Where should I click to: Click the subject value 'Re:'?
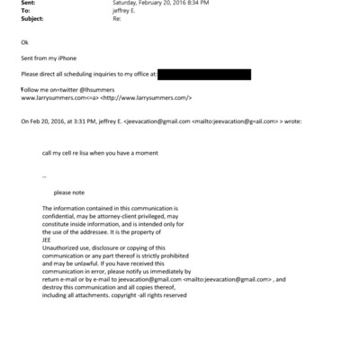point(115,19)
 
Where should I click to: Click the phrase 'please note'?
point(68,192)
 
